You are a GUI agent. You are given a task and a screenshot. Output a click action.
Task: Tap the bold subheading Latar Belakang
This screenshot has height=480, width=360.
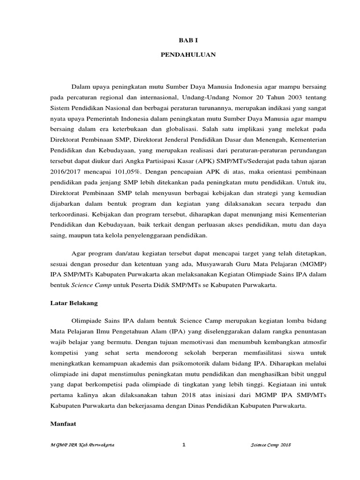pos(74,303)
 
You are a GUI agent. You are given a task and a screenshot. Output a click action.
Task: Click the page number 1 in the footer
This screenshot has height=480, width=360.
pos(184,445)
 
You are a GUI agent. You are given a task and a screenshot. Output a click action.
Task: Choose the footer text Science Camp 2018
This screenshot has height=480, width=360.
pos(271,446)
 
